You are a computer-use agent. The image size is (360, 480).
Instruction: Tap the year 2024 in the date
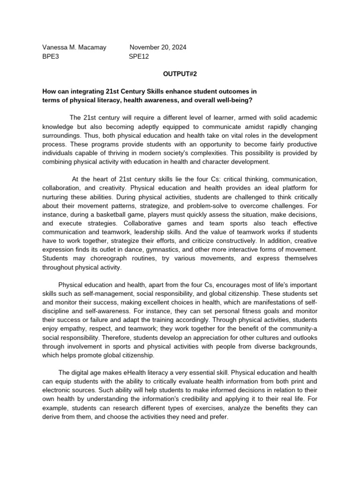178,47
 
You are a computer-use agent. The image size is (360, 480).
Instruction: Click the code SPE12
139,56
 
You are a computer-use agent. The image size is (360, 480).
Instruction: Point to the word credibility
216,400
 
